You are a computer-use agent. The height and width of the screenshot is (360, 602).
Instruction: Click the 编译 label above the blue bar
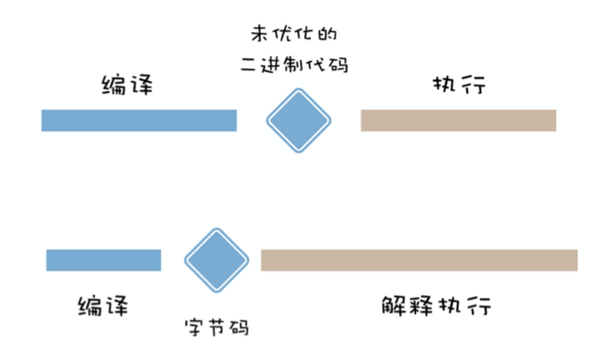click(x=127, y=84)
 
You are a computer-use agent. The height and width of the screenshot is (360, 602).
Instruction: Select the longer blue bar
click(x=139, y=120)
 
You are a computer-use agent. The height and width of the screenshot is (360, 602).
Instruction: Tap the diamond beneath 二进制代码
click(x=299, y=120)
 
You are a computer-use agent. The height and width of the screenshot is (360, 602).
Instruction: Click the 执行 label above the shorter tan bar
click(x=458, y=84)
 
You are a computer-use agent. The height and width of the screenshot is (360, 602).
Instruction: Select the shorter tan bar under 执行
click(x=458, y=120)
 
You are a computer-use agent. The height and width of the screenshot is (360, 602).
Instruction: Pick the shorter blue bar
click(x=103, y=260)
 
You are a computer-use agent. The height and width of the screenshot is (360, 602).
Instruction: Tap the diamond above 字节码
click(x=217, y=260)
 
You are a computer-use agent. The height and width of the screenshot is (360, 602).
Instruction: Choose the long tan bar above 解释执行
click(x=419, y=260)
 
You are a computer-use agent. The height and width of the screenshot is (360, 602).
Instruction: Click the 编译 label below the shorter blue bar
click(x=103, y=306)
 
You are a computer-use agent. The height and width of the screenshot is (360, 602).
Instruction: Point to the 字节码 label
click(x=217, y=327)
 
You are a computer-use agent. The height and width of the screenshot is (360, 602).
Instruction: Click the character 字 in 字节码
click(x=195, y=327)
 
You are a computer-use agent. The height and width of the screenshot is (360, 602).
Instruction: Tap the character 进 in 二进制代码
click(x=273, y=65)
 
